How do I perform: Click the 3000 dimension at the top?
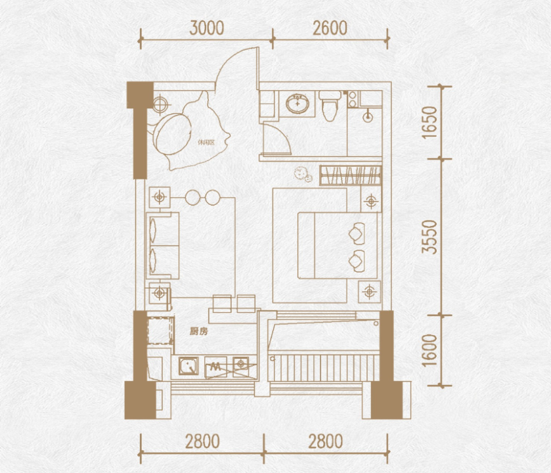click(x=207, y=28)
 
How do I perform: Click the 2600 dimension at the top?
click(x=330, y=28)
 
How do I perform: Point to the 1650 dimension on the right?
click(x=430, y=122)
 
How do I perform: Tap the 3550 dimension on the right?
click(x=430, y=237)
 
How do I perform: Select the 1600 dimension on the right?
click(x=430, y=350)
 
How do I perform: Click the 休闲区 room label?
click(x=206, y=143)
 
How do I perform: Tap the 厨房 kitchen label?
click(x=198, y=331)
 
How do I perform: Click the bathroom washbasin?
click(x=298, y=103)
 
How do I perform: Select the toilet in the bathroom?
click(x=330, y=105)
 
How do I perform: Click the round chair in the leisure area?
click(x=173, y=134)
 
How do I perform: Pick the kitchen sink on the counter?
click(x=188, y=366)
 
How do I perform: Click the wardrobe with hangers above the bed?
click(x=350, y=175)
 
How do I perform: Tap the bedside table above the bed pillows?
click(x=371, y=201)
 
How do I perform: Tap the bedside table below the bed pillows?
click(x=369, y=291)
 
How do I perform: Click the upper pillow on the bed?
click(x=357, y=233)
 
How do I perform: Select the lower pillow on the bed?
click(x=357, y=261)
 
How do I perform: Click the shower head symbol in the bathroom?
click(x=368, y=117)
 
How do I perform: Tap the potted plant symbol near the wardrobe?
click(x=303, y=174)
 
